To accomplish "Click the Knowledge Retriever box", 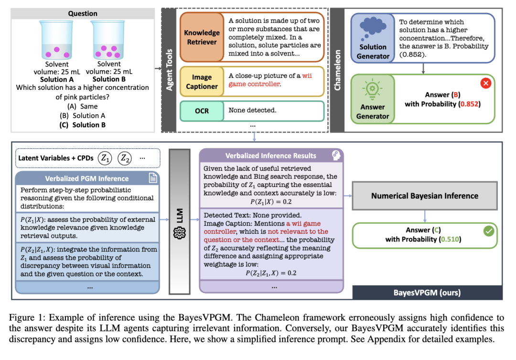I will click(x=201, y=37).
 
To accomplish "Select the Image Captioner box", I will click(x=201, y=82).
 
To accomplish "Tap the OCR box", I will click(x=201, y=110).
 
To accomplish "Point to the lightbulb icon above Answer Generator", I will click(x=373, y=89).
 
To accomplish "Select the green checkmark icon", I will click(x=488, y=231).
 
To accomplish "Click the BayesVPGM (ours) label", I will click(x=427, y=292).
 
